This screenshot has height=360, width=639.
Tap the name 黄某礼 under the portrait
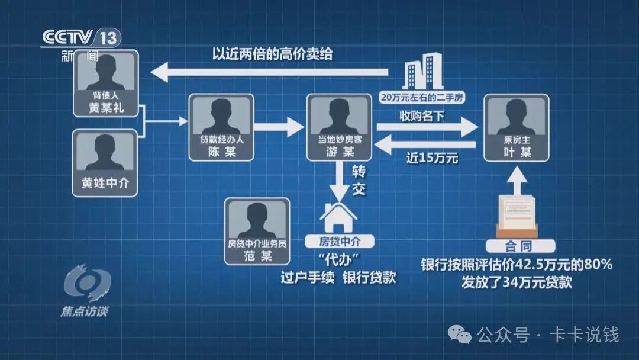(x=106, y=108)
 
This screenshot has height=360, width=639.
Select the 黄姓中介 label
(x=105, y=184)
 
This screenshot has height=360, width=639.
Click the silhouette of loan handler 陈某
(x=221, y=116)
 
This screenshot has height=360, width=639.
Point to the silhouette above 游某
(x=338, y=116)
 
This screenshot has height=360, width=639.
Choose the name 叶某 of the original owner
(x=516, y=152)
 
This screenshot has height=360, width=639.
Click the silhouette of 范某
(x=257, y=219)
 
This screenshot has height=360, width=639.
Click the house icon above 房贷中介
(x=339, y=217)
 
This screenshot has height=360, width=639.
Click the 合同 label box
(x=519, y=245)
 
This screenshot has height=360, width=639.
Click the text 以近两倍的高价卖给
(x=272, y=54)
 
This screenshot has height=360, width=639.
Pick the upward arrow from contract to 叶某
(x=518, y=179)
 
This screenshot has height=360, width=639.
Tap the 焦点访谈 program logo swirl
(x=87, y=282)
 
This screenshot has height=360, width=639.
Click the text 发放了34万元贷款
(x=517, y=282)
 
